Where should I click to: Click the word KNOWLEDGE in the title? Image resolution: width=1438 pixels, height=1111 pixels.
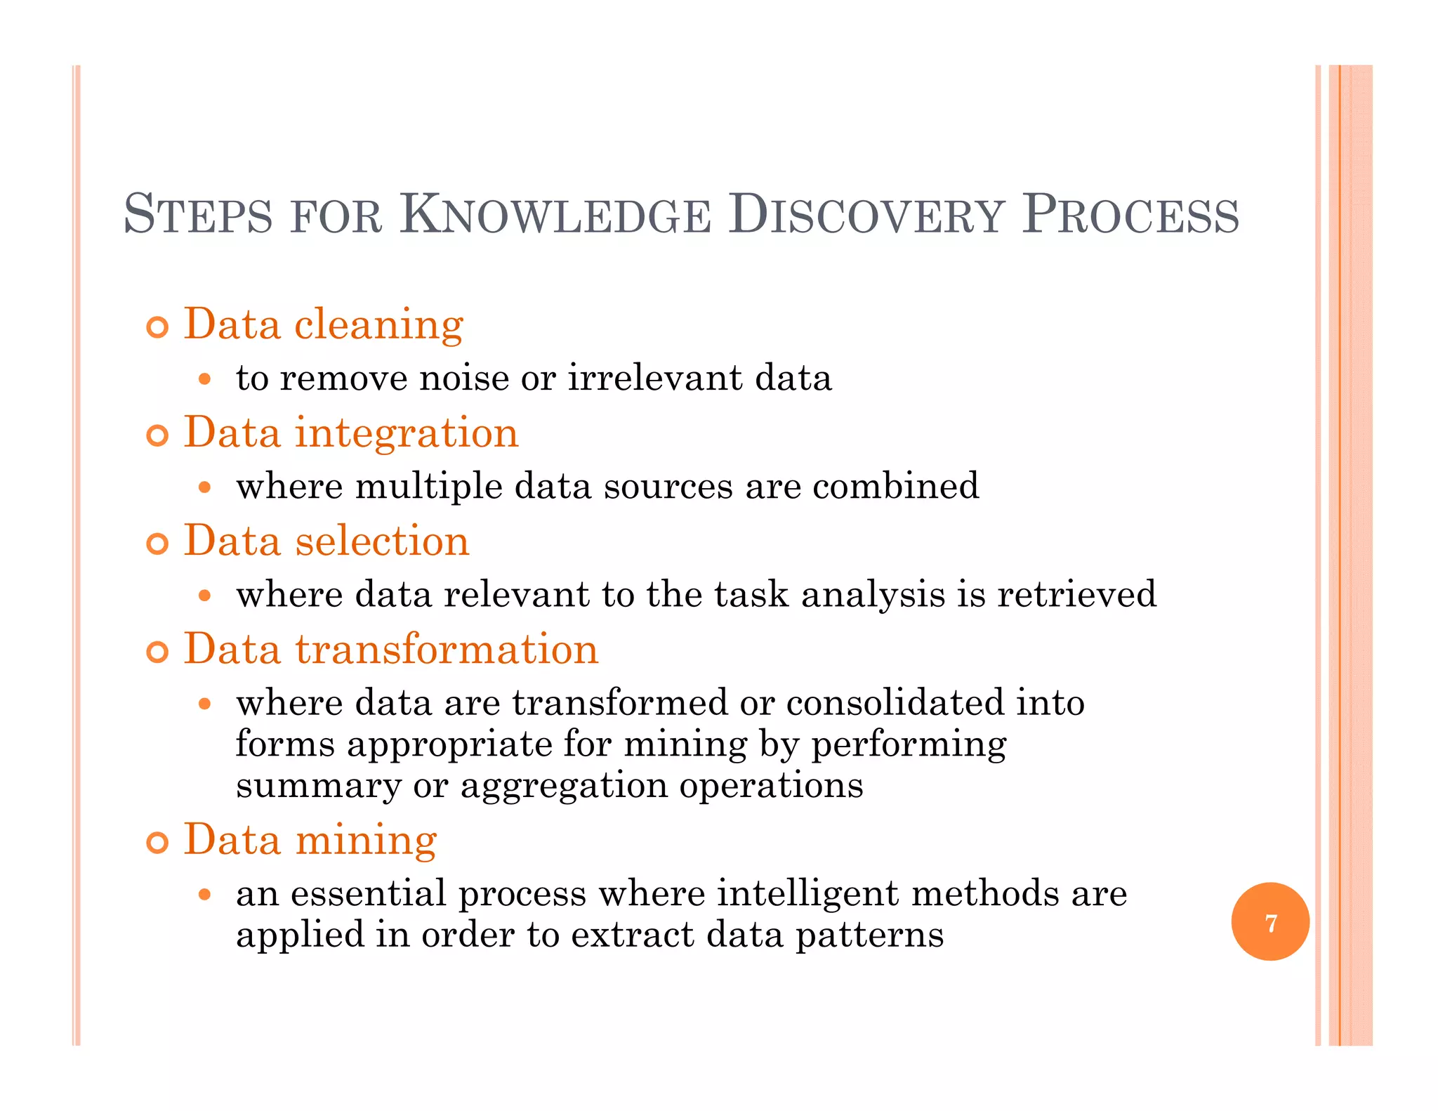555,215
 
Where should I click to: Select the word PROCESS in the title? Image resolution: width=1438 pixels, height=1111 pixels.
1130,215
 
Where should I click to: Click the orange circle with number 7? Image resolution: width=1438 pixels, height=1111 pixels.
1270,921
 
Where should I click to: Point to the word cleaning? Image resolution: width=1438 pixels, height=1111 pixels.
378,324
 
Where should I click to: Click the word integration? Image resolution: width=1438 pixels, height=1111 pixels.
407,433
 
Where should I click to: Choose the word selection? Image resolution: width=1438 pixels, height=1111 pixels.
382,541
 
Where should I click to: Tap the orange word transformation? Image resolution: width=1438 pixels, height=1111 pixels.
447,649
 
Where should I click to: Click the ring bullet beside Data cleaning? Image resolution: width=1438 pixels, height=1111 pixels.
158,327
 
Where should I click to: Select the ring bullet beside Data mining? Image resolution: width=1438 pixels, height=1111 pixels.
158,842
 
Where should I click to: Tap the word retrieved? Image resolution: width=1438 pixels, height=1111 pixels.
1076,594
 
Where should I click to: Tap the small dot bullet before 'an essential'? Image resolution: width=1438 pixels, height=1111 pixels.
204,894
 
